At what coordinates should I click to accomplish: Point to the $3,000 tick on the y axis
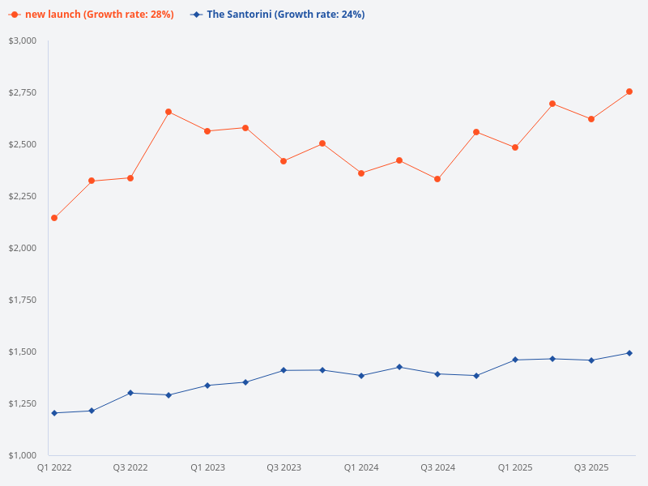coord(23,40)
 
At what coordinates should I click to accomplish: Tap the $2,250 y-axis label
coord(23,196)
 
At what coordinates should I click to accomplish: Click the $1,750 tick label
coord(23,300)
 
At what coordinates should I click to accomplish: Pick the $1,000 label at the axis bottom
coord(23,455)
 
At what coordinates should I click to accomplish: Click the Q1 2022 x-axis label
coord(54,468)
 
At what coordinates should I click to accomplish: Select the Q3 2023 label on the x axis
coord(283,468)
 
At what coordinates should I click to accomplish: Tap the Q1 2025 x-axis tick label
coord(515,468)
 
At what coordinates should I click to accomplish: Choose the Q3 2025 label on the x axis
coord(591,468)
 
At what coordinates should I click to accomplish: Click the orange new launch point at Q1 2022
coord(54,218)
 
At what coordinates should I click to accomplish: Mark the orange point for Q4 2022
coord(168,112)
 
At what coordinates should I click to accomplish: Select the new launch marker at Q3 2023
coord(283,161)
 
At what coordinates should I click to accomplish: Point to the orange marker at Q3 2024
coord(437,179)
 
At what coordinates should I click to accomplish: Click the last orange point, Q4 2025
coord(629,92)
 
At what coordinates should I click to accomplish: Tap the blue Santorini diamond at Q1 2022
coord(54,413)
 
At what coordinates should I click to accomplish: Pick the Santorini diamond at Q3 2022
coord(130,393)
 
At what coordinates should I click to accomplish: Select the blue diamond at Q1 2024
coord(361,376)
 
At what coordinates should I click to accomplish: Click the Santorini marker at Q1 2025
coord(515,360)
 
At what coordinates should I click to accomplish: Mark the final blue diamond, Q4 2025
coord(629,353)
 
